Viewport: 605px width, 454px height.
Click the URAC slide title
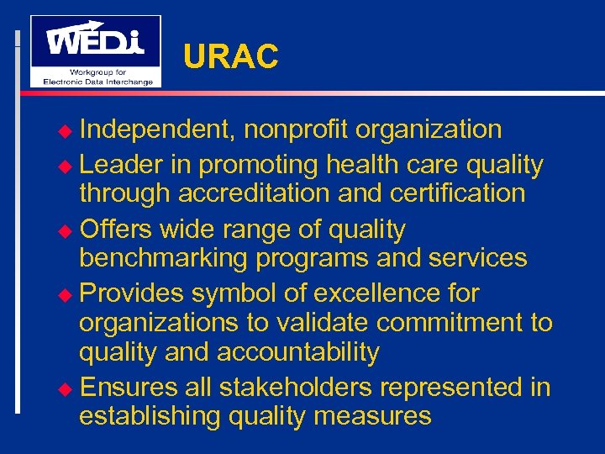click(230, 56)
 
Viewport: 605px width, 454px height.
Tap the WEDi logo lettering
click(94, 40)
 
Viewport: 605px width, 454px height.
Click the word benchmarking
click(163, 258)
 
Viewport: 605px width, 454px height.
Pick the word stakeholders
click(299, 387)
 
